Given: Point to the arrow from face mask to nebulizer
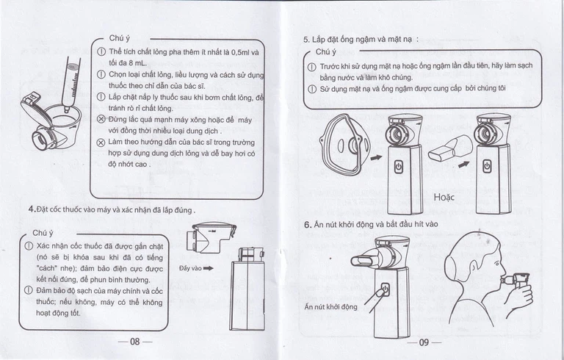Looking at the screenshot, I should pos(376,156).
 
